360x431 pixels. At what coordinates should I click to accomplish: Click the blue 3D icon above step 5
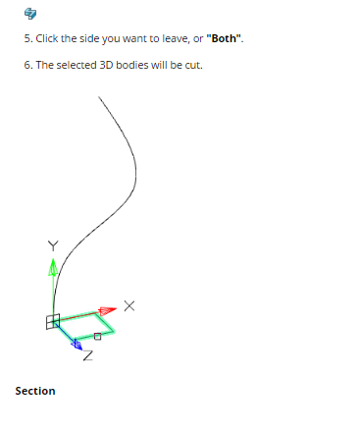tap(30, 14)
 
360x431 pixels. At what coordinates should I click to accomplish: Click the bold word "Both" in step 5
tap(224, 38)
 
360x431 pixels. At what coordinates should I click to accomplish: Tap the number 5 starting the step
tap(26, 38)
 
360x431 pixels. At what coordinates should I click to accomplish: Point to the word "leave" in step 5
tap(176, 38)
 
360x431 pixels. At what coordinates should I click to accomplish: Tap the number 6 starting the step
tap(26, 65)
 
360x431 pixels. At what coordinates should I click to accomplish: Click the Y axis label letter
tap(53, 245)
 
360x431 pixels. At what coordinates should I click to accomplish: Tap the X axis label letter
tap(129, 306)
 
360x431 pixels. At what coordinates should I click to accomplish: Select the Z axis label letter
tap(88, 355)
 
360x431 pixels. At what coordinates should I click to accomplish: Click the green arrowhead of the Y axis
tap(53, 267)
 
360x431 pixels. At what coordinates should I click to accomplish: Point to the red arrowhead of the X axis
tap(107, 310)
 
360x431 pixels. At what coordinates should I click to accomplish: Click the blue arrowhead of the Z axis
tap(77, 345)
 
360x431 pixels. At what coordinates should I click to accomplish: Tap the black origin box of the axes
tap(53, 322)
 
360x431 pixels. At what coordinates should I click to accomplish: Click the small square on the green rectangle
tap(97, 337)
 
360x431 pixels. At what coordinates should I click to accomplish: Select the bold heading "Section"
tap(35, 391)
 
